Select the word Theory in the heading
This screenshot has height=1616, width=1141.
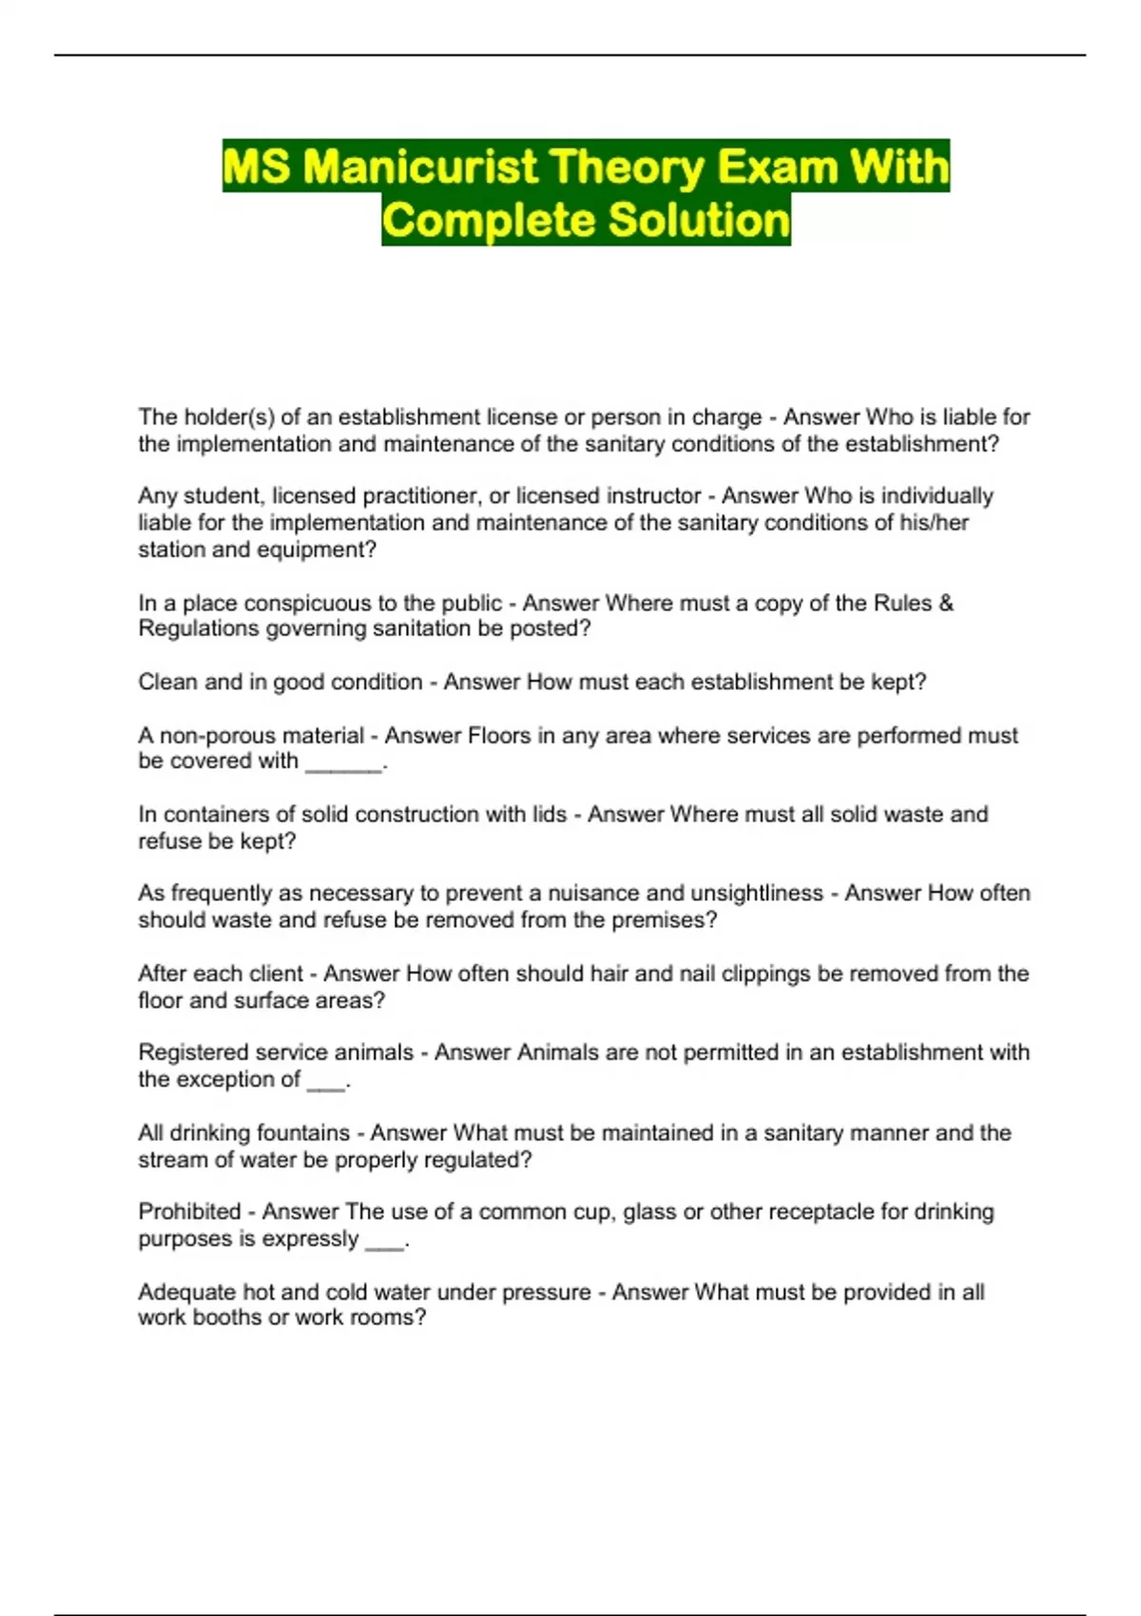(628, 167)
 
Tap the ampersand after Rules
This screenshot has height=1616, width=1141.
(945, 604)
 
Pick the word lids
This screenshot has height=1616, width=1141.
(550, 815)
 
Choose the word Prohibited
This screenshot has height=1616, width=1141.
(189, 1212)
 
